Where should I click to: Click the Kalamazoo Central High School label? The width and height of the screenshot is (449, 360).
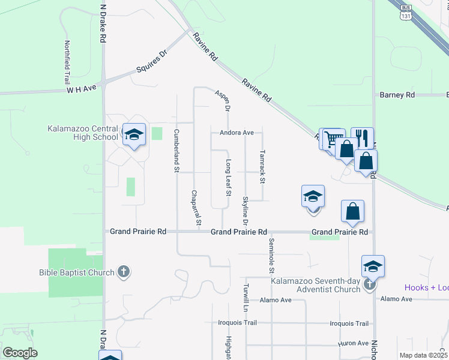point(83,133)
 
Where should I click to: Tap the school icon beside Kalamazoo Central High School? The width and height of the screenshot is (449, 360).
point(134,135)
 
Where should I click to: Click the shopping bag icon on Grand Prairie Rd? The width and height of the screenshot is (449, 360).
point(353,211)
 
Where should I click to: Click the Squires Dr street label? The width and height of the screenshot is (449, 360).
point(151,62)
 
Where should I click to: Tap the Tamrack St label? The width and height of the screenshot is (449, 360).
point(262,166)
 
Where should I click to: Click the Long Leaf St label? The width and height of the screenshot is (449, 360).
point(228,178)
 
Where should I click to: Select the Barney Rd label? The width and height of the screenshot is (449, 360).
point(397,95)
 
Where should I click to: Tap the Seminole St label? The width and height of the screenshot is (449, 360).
point(272,252)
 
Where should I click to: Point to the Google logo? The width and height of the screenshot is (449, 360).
point(19,353)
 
